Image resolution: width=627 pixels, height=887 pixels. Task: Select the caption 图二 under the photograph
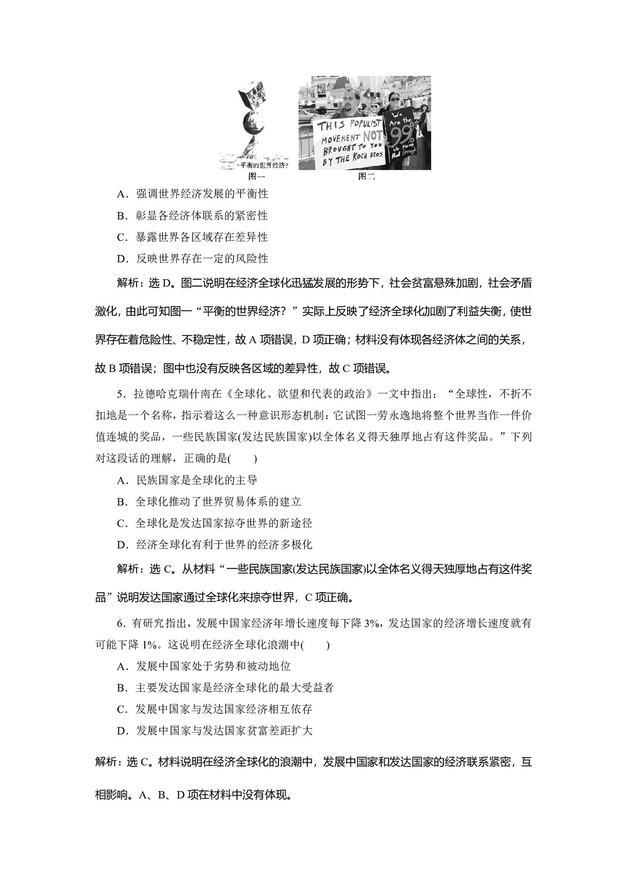[x=366, y=177]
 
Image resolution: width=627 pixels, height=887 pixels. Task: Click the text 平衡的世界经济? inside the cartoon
[x=263, y=166]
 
